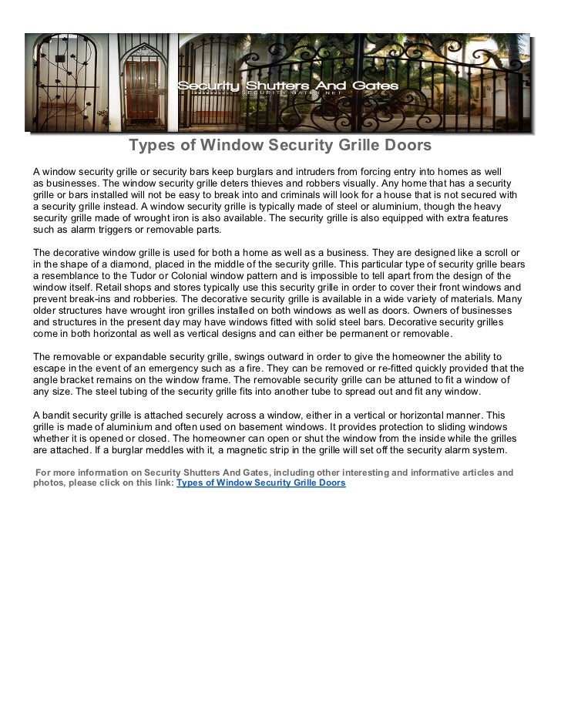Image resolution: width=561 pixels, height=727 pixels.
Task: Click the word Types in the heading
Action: (x=149, y=146)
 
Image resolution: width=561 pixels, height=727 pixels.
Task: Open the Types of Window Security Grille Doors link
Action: (x=261, y=483)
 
